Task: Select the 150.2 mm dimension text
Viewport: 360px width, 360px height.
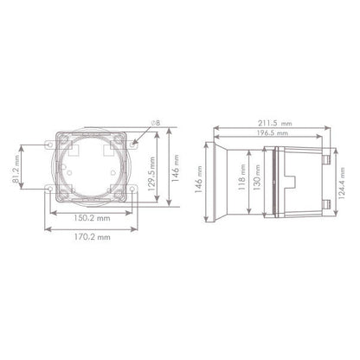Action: pos(92,220)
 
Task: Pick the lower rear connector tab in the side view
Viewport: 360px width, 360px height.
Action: pos(328,204)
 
